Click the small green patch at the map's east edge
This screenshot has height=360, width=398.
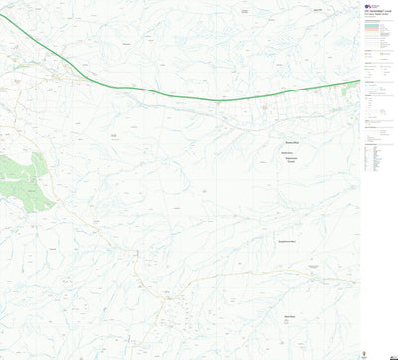(350, 89)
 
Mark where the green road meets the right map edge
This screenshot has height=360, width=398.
(358, 81)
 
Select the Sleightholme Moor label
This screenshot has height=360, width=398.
(290, 242)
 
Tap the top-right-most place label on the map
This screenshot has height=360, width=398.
(317, 9)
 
